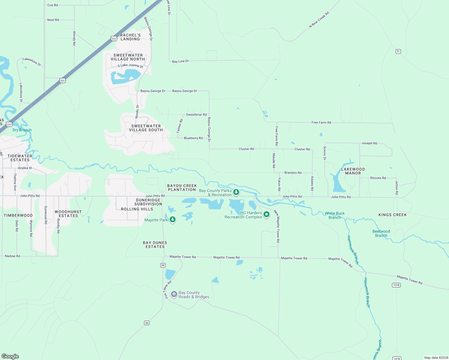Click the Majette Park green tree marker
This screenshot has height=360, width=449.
click(172, 219)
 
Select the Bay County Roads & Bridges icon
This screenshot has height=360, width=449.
click(174, 294)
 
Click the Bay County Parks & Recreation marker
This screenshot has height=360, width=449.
click(236, 192)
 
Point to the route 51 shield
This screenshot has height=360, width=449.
click(398, 51)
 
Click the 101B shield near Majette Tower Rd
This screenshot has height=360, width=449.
click(396, 285)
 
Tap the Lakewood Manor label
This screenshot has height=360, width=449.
click(353, 171)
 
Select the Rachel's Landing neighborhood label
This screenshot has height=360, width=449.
click(130, 37)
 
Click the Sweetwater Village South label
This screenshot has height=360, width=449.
click(146, 128)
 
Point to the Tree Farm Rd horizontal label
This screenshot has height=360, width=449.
click(321, 122)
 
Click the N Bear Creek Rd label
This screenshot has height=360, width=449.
click(319, 20)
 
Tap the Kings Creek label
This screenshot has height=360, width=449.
click(392, 215)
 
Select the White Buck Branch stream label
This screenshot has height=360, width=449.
click(335, 215)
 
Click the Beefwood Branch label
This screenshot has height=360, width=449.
click(381, 233)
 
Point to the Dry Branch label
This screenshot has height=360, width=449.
click(22, 130)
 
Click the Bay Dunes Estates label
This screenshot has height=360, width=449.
click(155, 244)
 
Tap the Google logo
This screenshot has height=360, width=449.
click(10, 356)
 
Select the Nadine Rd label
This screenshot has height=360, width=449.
click(12, 256)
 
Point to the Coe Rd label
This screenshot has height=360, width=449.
click(53, 5)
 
